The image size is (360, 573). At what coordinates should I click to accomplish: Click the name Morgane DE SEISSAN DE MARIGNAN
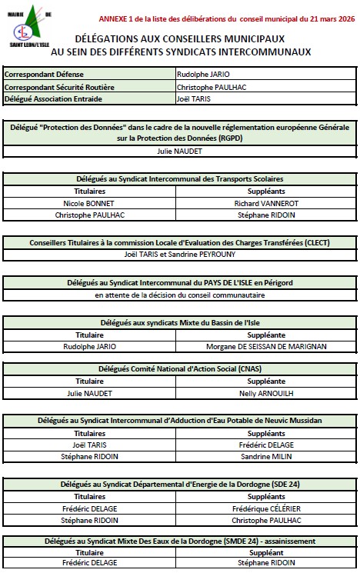click(x=267, y=346)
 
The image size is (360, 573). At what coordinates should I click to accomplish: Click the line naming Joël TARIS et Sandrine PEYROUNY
click(x=179, y=254)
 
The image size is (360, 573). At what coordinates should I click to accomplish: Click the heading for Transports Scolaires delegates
click(x=179, y=178)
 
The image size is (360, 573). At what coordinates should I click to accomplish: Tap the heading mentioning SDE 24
click(x=179, y=484)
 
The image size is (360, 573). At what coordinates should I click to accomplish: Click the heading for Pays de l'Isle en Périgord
click(x=179, y=283)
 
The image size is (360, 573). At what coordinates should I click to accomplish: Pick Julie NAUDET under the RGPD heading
click(x=179, y=152)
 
